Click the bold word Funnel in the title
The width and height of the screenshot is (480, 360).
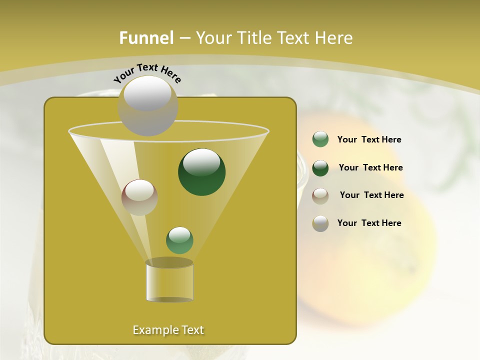[146, 38]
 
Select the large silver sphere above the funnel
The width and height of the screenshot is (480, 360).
[148, 106]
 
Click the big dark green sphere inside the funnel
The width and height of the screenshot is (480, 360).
[202, 172]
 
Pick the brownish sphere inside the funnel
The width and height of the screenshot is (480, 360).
[139, 197]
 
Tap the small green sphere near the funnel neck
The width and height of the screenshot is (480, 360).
[179, 240]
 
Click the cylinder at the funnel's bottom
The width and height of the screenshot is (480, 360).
[169, 281]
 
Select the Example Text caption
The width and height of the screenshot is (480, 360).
[168, 330]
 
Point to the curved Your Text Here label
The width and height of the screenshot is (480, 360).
[147, 72]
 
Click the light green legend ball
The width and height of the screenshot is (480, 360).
[320, 139]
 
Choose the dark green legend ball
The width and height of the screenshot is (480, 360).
[320, 168]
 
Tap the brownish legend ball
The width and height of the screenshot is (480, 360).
[320, 195]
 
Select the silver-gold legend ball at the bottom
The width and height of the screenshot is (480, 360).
[320, 223]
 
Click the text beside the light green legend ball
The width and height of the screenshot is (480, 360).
[369, 140]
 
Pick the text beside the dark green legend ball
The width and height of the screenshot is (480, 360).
[370, 168]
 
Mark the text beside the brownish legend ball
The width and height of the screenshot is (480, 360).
[371, 195]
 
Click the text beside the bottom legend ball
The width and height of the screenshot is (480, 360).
[369, 223]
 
